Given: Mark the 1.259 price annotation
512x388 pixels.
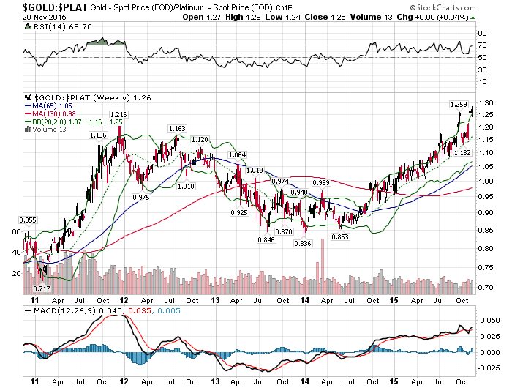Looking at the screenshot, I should coord(459,105).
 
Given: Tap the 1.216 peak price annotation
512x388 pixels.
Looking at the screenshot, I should coord(119,115).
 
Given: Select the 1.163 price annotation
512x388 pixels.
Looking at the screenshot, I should coord(177,128).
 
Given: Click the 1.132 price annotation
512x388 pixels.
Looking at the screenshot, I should coord(462,152).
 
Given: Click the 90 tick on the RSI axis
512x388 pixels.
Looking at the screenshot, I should coord(483,34).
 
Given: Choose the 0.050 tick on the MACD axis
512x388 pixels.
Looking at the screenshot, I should coord(488,321).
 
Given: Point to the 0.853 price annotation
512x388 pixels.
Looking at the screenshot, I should coord(338,236).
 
